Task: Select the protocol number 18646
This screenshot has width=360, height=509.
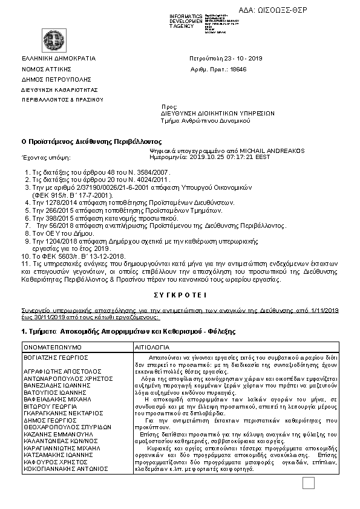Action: pos(238,70)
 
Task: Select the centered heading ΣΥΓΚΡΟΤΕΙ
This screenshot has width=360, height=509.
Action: pos(180,296)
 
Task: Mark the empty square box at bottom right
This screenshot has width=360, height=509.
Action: pos(309,482)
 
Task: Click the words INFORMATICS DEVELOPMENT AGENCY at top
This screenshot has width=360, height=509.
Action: pos(186,21)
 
